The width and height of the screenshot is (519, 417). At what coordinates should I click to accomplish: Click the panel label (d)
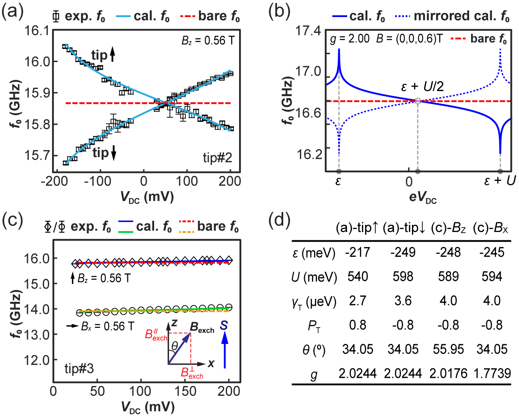click(x=279, y=220)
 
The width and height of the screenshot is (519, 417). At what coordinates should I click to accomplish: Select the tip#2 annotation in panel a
click(x=217, y=158)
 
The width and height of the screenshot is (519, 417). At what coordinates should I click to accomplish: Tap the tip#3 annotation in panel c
click(x=79, y=369)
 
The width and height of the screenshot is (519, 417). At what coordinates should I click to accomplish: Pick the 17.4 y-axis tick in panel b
click(x=308, y=31)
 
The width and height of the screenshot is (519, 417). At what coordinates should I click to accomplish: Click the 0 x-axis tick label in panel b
click(x=409, y=182)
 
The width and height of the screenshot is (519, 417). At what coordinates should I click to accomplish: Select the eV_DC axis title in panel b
click(x=422, y=197)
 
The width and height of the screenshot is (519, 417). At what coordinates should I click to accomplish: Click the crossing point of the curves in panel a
click(x=166, y=103)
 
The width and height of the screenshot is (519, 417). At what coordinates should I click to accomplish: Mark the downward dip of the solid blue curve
click(x=500, y=152)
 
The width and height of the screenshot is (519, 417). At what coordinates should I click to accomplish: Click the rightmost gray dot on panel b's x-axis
click(x=500, y=171)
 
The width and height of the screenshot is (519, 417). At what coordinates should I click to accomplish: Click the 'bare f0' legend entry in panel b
click(x=479, y=39)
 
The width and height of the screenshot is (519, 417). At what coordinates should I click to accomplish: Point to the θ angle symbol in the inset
click(x=175, y=345)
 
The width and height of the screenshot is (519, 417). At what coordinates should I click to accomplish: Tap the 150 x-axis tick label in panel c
click(x=185, y=391)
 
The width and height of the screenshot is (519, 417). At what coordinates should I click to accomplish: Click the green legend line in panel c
click(x=126, y=231)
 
